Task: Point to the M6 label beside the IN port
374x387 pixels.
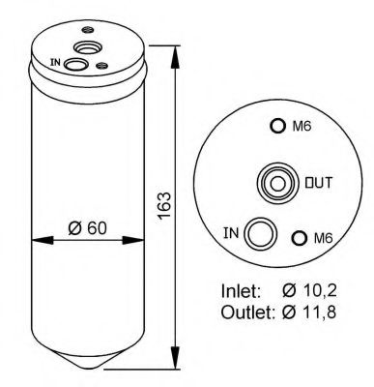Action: click(320, 239)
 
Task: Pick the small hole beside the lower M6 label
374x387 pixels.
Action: click(300, 238)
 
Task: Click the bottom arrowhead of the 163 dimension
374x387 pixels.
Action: click(177, 357)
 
